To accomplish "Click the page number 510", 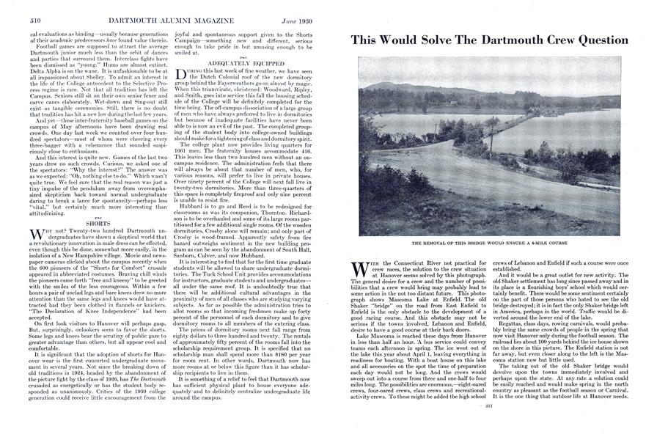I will tap(13, 7).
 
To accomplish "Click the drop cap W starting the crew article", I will tap(359, 266).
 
